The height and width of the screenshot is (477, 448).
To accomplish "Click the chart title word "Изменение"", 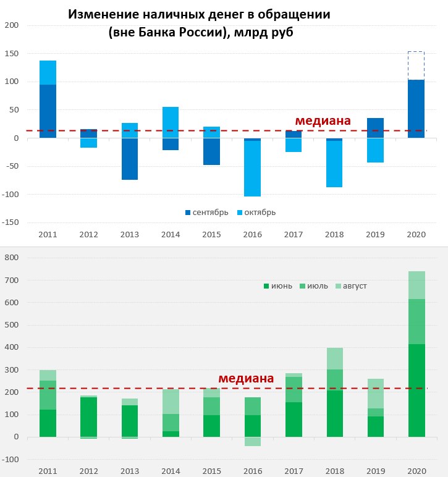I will coord(101,14).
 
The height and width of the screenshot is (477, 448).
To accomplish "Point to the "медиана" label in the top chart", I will coord(323,120).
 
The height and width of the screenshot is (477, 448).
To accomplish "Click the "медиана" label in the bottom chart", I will coord(245,378).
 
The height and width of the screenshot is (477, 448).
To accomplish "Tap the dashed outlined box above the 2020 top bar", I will coord(416,65).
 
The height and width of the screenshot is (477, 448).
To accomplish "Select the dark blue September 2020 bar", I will coord(416,109).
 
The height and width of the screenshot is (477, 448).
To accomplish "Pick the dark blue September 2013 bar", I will coord(130,159).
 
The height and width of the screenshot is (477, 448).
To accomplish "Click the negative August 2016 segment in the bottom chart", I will coord(253,441).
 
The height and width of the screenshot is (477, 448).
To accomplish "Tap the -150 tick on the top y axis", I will coord(11,222).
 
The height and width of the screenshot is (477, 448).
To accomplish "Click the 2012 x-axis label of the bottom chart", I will coord(89,471).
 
